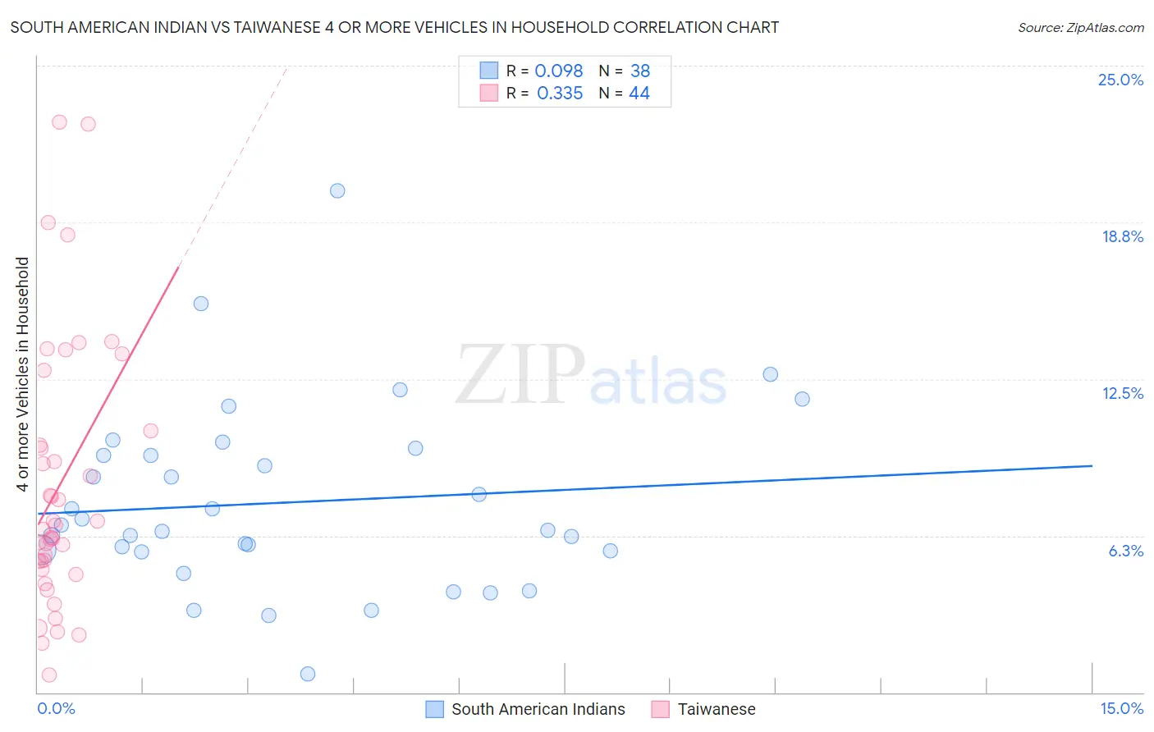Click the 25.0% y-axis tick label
[x=1120, y=80]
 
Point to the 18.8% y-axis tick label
[x=1122, y=236]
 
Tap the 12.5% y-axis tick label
[x=1122, y=393]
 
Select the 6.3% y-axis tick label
[x=1125, y=551]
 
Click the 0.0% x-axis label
[x=56, y=708]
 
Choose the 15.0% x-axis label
[x=1121, y=708]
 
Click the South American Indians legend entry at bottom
[x=538, y=709]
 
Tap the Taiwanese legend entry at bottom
[x=716, y=709]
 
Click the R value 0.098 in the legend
[x=559, y=71]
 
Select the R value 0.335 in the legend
[x=560, y=94]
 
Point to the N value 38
[x=640, y=71]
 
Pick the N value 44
[x=639, y=94]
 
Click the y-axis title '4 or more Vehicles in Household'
[x=22, y=374]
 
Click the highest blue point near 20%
[x=337, y=190]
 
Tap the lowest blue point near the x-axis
[x=308, y=674]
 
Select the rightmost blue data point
[x=802, y=399]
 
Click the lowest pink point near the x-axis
[x=49, y=675]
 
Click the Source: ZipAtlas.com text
[x=1080, y=28]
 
